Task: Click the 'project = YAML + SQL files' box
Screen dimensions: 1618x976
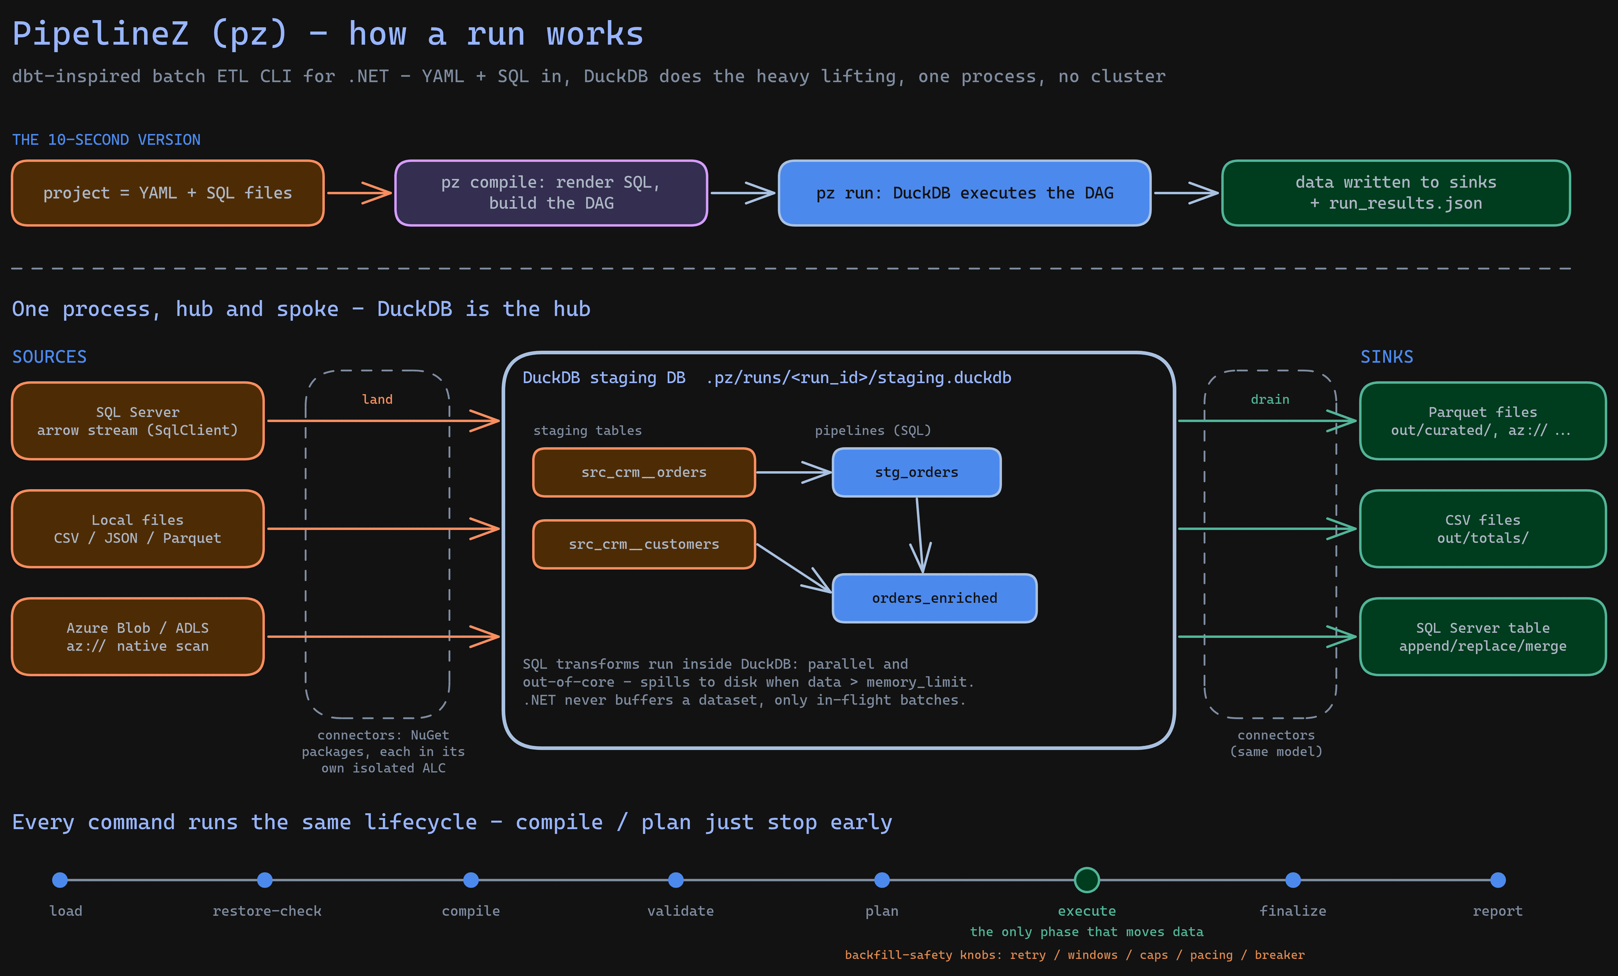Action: (168, 193)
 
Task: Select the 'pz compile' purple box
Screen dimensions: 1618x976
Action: (551, 193)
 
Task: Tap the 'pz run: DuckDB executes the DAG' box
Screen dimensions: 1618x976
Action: (965, 193)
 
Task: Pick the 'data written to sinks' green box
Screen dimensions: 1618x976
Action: (1396, 193)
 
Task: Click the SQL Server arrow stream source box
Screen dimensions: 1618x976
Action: (138, 421)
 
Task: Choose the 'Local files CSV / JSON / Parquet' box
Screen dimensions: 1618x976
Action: (138, 529)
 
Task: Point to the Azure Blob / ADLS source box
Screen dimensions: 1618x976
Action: (138, 637)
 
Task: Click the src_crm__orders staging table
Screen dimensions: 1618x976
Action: (644, 472)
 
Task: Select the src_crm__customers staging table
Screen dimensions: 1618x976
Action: (644, 544)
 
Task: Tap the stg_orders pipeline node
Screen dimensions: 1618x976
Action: (917, 472)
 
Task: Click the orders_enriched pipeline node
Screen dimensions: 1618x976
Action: (934, 597)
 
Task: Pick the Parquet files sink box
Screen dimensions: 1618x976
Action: (1483, 421)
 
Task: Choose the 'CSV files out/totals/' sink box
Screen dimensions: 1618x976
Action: (1483, 529)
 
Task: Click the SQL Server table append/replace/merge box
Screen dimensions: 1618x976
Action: (1483, 637)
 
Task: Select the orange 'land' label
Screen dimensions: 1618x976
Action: (378, 399)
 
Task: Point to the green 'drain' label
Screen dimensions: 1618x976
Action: (1270, 399)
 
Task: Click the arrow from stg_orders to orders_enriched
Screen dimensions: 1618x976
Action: (920, 535)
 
